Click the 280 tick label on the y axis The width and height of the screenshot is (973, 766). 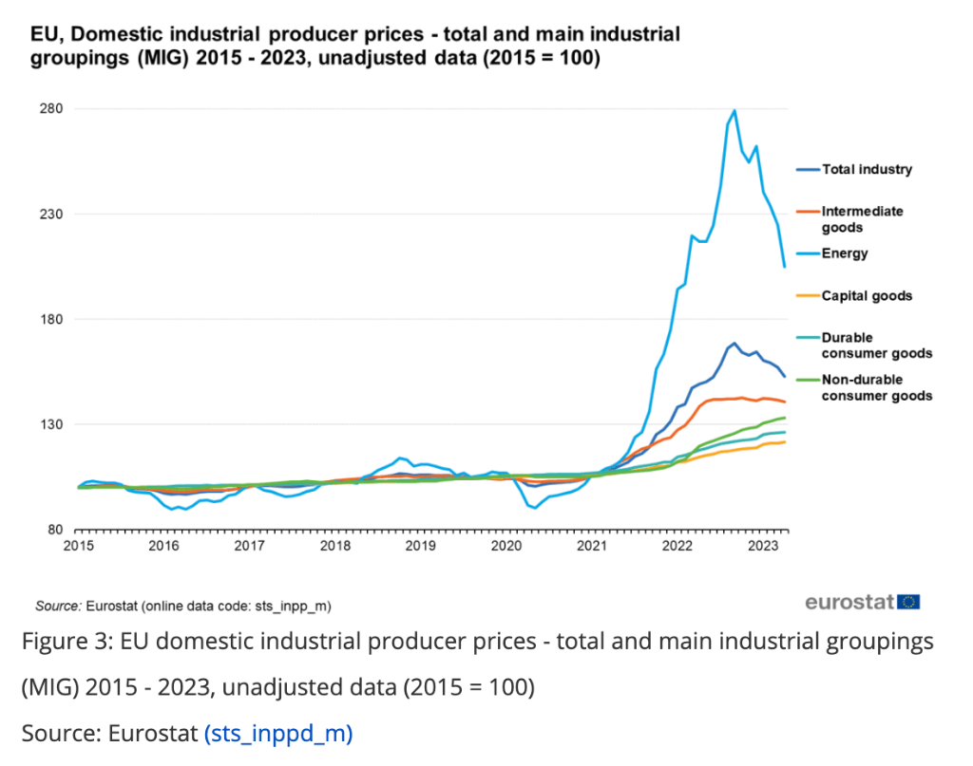pos(50,108)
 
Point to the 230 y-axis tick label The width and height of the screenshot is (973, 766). pos(50,214)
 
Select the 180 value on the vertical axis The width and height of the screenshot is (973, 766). pos(50,319)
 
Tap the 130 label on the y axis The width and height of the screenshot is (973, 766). pos(50,424)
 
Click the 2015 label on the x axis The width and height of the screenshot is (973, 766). pos(78,546)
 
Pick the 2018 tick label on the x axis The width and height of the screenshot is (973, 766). pos(334,546)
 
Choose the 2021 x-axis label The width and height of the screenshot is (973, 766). pos(591,546)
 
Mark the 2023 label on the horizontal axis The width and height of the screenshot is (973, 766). pos(762,546)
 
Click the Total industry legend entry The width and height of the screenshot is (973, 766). pos(866,170)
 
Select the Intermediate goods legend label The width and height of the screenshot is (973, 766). pos(862,219)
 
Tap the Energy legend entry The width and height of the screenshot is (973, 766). pos(845,253)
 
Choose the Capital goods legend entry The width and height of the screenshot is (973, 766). pos(866,296)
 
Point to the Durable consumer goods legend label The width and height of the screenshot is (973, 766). pos(876,346)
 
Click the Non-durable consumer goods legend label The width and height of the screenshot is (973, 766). pos(876,387)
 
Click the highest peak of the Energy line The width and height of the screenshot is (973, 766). pos(735,111)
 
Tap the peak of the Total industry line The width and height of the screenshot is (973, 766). pos(735,344)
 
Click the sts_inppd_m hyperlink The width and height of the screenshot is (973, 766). pos(277,734)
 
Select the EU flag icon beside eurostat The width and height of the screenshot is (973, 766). pos(910,602)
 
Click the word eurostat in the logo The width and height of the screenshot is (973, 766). pos(849,602)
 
